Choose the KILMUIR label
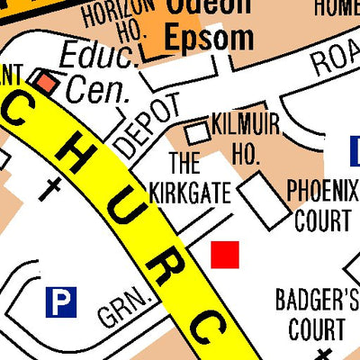pyautogui.click(x=245, y=124)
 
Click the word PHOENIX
pyautogui.click(x=321, y=191)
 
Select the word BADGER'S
pyautogui.click(x=317, y=300)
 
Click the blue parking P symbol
pyautogui.click(x=61, y=301)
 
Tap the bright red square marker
pyautogui.click(x=225, y=255)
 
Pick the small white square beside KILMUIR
pyautogui.click(x=196, y=133)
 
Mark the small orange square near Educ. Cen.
pyautogui.click(x=44, y=82)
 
